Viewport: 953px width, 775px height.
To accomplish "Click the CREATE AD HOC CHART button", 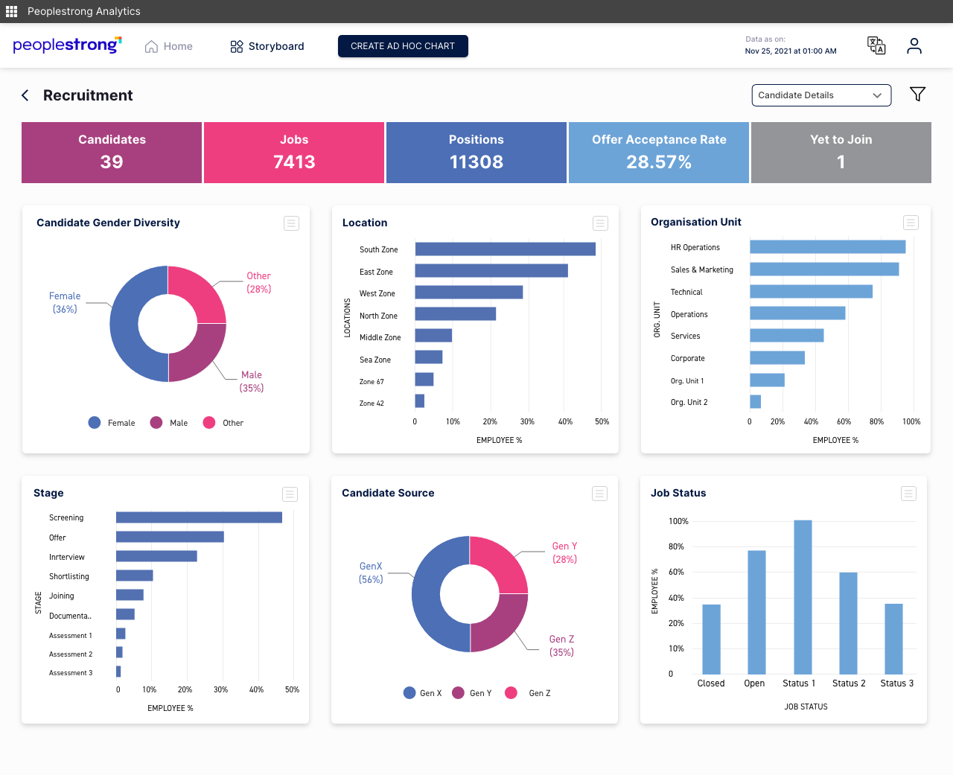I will [403, 46].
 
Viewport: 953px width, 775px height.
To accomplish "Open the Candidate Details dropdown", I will [820, 95].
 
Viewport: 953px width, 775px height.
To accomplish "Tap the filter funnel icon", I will [917, 94].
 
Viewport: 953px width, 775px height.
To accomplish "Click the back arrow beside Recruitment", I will [25, 95].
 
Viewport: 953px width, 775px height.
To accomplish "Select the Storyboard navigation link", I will [267, 46].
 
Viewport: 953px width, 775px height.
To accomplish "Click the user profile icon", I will [914, 46].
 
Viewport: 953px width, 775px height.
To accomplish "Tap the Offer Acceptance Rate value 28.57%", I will [658, 162].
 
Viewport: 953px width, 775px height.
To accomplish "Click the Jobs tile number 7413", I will [294, 162].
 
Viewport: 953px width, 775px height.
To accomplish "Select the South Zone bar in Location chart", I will [505, 249].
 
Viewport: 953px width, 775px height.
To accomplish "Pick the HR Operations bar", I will [827, 247].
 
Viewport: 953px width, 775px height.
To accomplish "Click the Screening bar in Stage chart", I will [199, 517].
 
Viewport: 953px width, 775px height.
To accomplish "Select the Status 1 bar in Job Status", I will [803, 597].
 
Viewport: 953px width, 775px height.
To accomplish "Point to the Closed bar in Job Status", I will [711, 639].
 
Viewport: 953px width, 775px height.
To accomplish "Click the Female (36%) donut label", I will [65, 302].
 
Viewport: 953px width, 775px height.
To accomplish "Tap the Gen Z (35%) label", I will [561, 645].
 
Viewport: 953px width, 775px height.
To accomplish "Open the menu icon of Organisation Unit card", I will [911, 223].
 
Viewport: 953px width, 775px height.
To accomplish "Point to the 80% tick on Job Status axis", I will [676, 546].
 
